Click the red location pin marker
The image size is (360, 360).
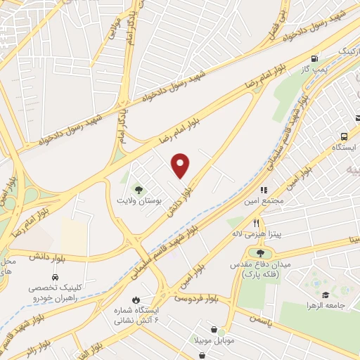tap(181, 165)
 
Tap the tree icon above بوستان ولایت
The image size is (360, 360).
tap(139, 190)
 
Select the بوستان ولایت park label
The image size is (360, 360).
tap(139, 200)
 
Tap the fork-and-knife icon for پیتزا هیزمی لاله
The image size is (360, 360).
tap(257, 223)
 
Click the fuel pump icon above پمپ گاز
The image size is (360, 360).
tap(314, 58)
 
